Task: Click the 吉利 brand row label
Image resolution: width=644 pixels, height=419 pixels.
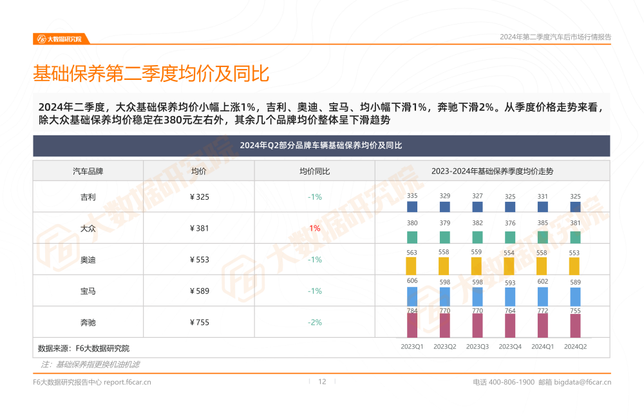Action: pyautogui.click(x=88, y=197)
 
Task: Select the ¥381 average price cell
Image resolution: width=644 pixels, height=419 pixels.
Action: pyautogui.click(x=200, y=228)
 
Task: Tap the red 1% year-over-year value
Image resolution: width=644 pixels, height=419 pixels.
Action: pyautogui.click(x=314, y=228)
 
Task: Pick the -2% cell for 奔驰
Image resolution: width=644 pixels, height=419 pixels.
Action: pyautogui.click(x=314, y=322)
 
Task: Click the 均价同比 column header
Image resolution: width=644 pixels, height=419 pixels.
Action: pyautogui.click(x=314, y=171)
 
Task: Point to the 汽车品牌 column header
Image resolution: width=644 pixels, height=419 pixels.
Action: pyautogui.click(x=88, y=171)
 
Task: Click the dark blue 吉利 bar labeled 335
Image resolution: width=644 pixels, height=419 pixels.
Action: pyautogui.click(x=412, y=207)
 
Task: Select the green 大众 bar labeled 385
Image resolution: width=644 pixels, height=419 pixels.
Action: pyautogui.click(x=542, y=237)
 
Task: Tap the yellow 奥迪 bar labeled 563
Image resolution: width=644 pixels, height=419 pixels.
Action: pyautogui.click(x=412, y=266)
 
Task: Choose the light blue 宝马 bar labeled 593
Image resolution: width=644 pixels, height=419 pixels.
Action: pyautogui.click(x=510, y=297)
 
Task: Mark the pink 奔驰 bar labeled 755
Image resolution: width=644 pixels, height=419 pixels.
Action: pyautogui.click(x=575, y=326)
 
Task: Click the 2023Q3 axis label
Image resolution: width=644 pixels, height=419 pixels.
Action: pyautogui.click(x=477, y=347)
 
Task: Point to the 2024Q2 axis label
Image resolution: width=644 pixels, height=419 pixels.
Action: pyautogui.click(x=575, y=347)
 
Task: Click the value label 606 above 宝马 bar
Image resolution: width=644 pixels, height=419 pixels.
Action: pyautogui.click(x=412, y=281)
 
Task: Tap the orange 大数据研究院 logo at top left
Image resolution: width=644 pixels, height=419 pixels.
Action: pyautogui.click(x=59, y=39)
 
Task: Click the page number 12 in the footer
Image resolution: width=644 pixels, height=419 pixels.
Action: pyautogui.click(x=323, y=382)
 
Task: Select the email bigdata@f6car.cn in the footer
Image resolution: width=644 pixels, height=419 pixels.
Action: pyautogui.click(x=583, y=382)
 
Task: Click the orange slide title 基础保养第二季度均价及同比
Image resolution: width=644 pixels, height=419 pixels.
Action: pyautogui.click(x=151, y=73)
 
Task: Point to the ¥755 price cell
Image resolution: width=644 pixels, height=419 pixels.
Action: pyautogui.click(x=200, y=322)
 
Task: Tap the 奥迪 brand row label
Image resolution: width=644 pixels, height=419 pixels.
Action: pyautogui.click(x=88, y=260)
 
